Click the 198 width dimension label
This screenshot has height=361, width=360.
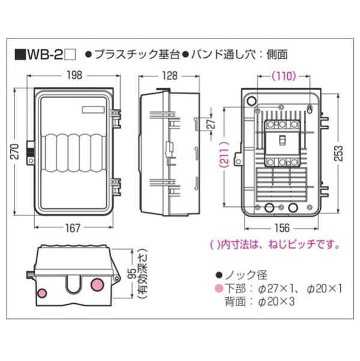pyautogui.click(x=75, y=75)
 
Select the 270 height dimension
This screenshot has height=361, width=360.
pyautogui.click(x=15, y=151)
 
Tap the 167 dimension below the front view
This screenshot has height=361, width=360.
pyautogui.click(x=73, y=228)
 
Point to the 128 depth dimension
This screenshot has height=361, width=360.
pyautogui.click(x=169, y=76)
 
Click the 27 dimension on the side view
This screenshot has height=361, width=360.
pyautogui.click(x=212, y=124)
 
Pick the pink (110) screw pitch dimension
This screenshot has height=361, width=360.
pyautogui.click(x=284, y=76)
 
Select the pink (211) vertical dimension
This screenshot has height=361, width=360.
pyautogui.click(x=224, y=155)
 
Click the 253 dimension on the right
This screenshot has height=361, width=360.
pyautogui.click(x=338, y=153)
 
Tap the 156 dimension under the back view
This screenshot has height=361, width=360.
pyautogui.click(x=282, y=228)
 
